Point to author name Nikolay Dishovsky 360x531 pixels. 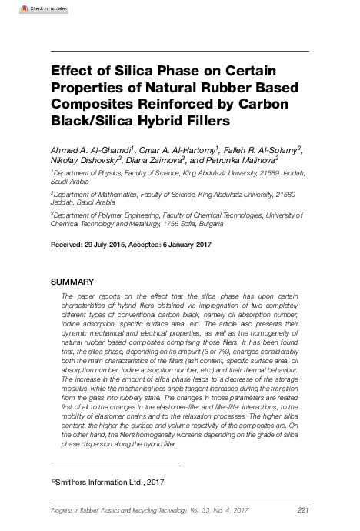(x=83, y=162)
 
